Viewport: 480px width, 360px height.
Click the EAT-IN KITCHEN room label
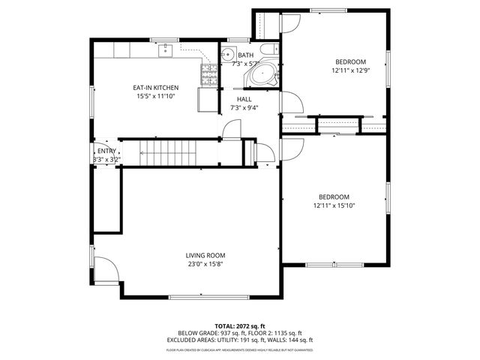157,88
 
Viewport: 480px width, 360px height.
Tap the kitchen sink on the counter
166,51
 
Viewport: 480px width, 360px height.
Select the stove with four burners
209,73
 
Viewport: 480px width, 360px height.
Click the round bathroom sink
228,54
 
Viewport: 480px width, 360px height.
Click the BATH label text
246,55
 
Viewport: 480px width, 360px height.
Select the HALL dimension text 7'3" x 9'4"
245,108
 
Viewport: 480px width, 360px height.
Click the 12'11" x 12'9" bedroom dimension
349,70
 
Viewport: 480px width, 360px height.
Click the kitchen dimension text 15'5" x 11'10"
157,97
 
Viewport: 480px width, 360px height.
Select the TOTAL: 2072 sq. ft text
239,326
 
